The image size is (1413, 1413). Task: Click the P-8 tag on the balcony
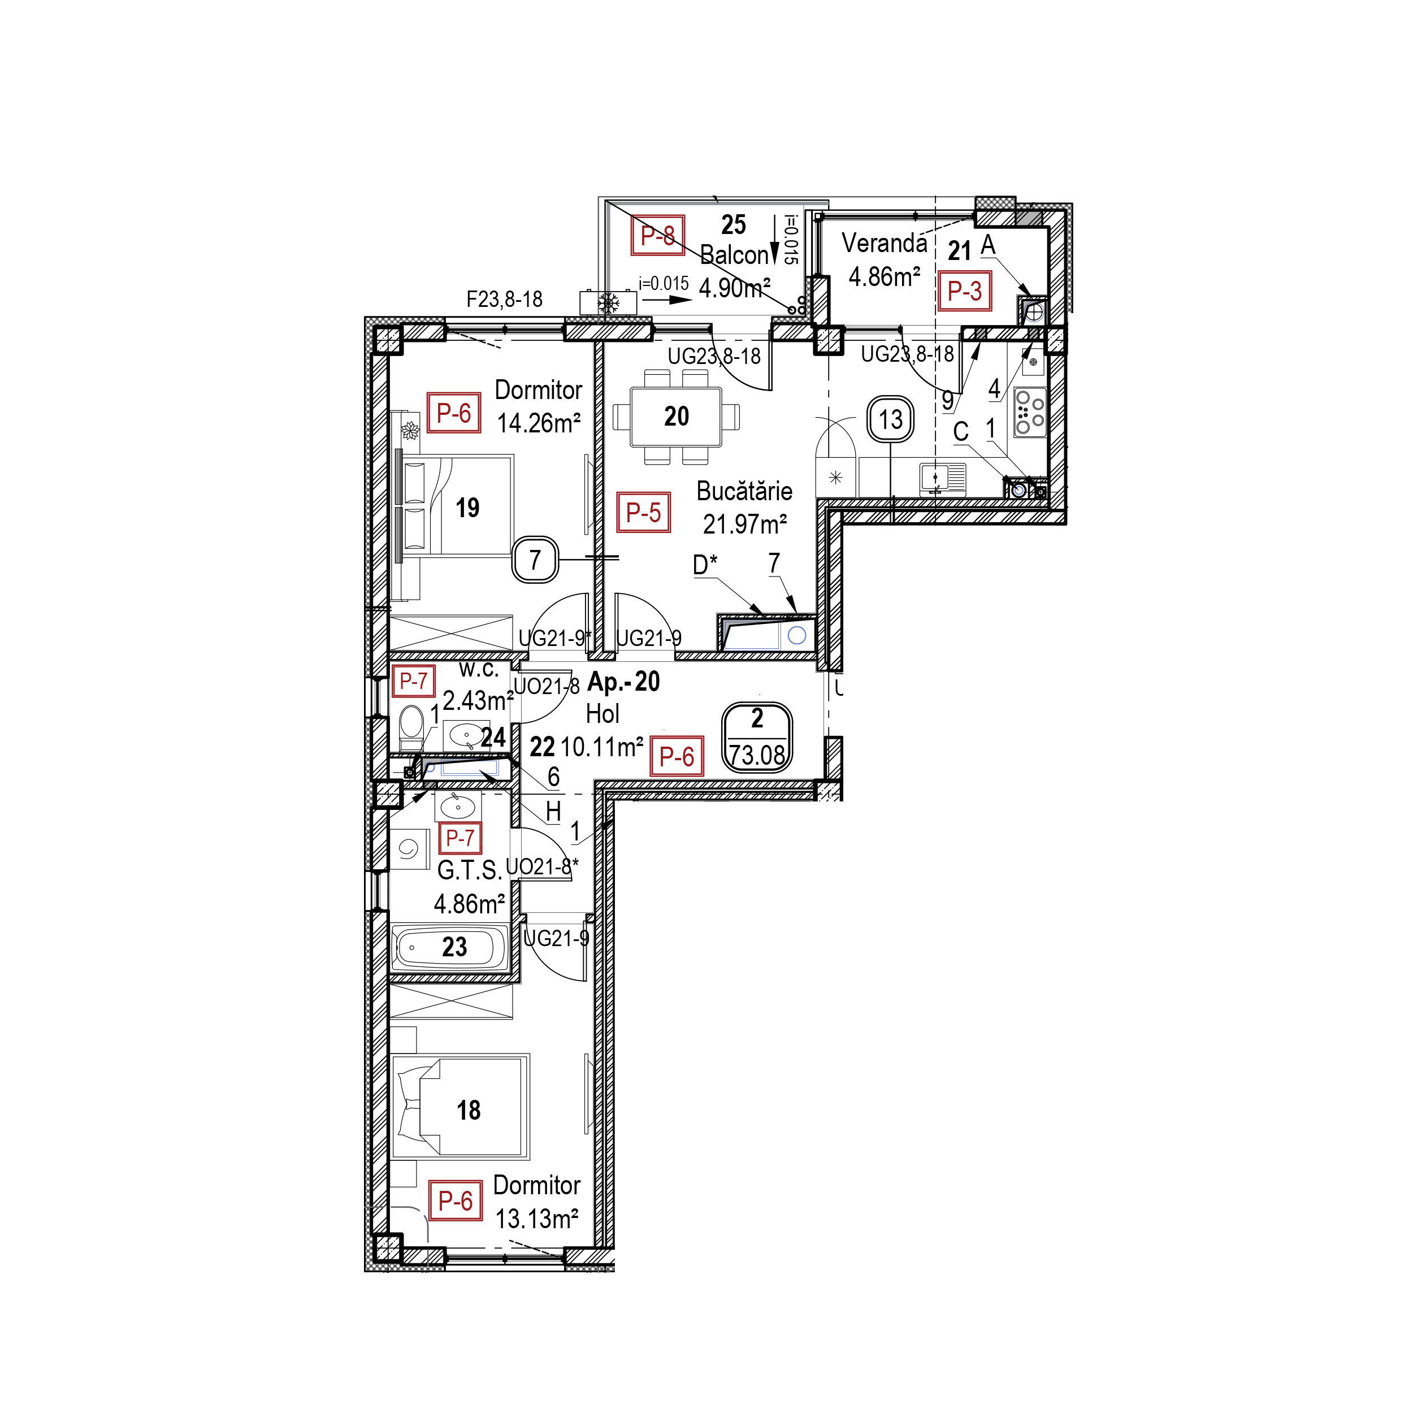[x=657, y=236]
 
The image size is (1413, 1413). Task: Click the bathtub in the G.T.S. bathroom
[x=450, y=948]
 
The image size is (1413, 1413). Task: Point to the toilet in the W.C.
[x=412, y=726]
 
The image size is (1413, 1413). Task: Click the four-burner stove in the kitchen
[x=1030, y=413]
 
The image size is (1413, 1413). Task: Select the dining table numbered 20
[x=676, y=416]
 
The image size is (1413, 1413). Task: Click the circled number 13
[x=890, y=420]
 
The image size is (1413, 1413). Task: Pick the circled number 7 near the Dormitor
[x=535, y=560]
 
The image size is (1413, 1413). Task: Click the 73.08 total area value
[x=757, y=755]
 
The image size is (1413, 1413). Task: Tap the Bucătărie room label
[x=744, y=491]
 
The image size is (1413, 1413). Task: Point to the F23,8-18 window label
[x=505, y=299]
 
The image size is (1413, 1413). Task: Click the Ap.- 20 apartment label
[x=624, y=682]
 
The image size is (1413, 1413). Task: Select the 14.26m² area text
[x=539, y=423]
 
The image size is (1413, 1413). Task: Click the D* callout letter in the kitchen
[x=705, y=565]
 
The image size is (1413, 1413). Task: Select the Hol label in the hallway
[x=603, y=714]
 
